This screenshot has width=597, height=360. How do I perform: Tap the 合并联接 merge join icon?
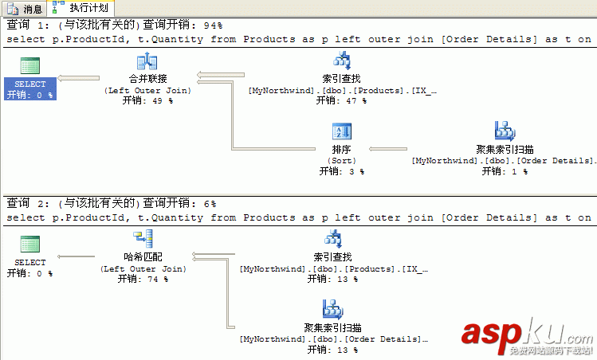147,62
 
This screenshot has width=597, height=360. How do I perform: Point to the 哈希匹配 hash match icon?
143,239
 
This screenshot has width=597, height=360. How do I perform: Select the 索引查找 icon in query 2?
333,239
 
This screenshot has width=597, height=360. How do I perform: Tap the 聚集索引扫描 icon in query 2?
333,309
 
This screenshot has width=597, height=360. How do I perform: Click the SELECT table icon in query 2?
30,245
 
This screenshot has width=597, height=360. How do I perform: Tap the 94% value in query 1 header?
213,25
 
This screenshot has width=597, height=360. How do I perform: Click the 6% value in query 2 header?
210,204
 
